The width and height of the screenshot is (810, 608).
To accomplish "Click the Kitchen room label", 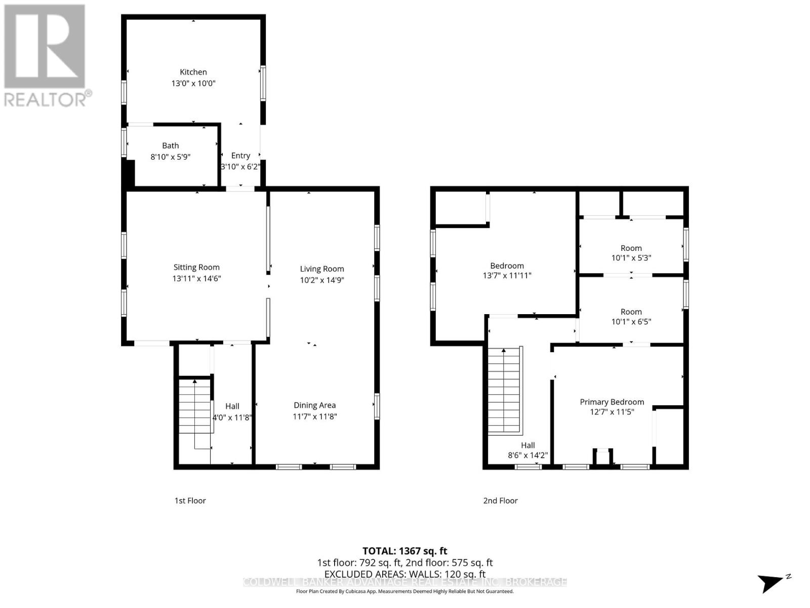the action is (193, 72).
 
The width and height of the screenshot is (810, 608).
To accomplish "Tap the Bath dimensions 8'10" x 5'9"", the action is (170, 157).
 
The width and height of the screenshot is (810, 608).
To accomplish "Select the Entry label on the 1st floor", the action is (240, 156).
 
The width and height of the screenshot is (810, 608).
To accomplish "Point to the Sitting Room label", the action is (196, 268).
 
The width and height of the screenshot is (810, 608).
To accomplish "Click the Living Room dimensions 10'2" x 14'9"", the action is (322, 280).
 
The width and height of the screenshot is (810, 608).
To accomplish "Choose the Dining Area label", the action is (314, 405).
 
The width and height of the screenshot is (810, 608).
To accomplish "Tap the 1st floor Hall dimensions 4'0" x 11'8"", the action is (232, 417).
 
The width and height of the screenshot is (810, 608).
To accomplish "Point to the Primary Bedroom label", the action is (612, 402).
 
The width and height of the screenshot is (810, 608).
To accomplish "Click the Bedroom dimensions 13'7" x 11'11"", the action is (507, 276).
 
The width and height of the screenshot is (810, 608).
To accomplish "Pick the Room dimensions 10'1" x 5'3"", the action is (631, 258).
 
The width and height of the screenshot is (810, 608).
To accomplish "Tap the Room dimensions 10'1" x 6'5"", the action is (631, 322).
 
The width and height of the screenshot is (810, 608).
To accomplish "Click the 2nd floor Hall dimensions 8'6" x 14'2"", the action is (528, 455).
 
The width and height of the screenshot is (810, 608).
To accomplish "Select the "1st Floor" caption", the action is (190, 501).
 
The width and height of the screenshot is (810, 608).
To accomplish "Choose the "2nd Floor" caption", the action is (500, 501).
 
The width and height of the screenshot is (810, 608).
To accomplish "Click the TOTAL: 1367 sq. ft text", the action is (404, 551).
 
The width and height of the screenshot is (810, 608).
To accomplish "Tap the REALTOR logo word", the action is (46, 100).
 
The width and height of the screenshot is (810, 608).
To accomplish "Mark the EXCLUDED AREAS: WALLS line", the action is (405, 574).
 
